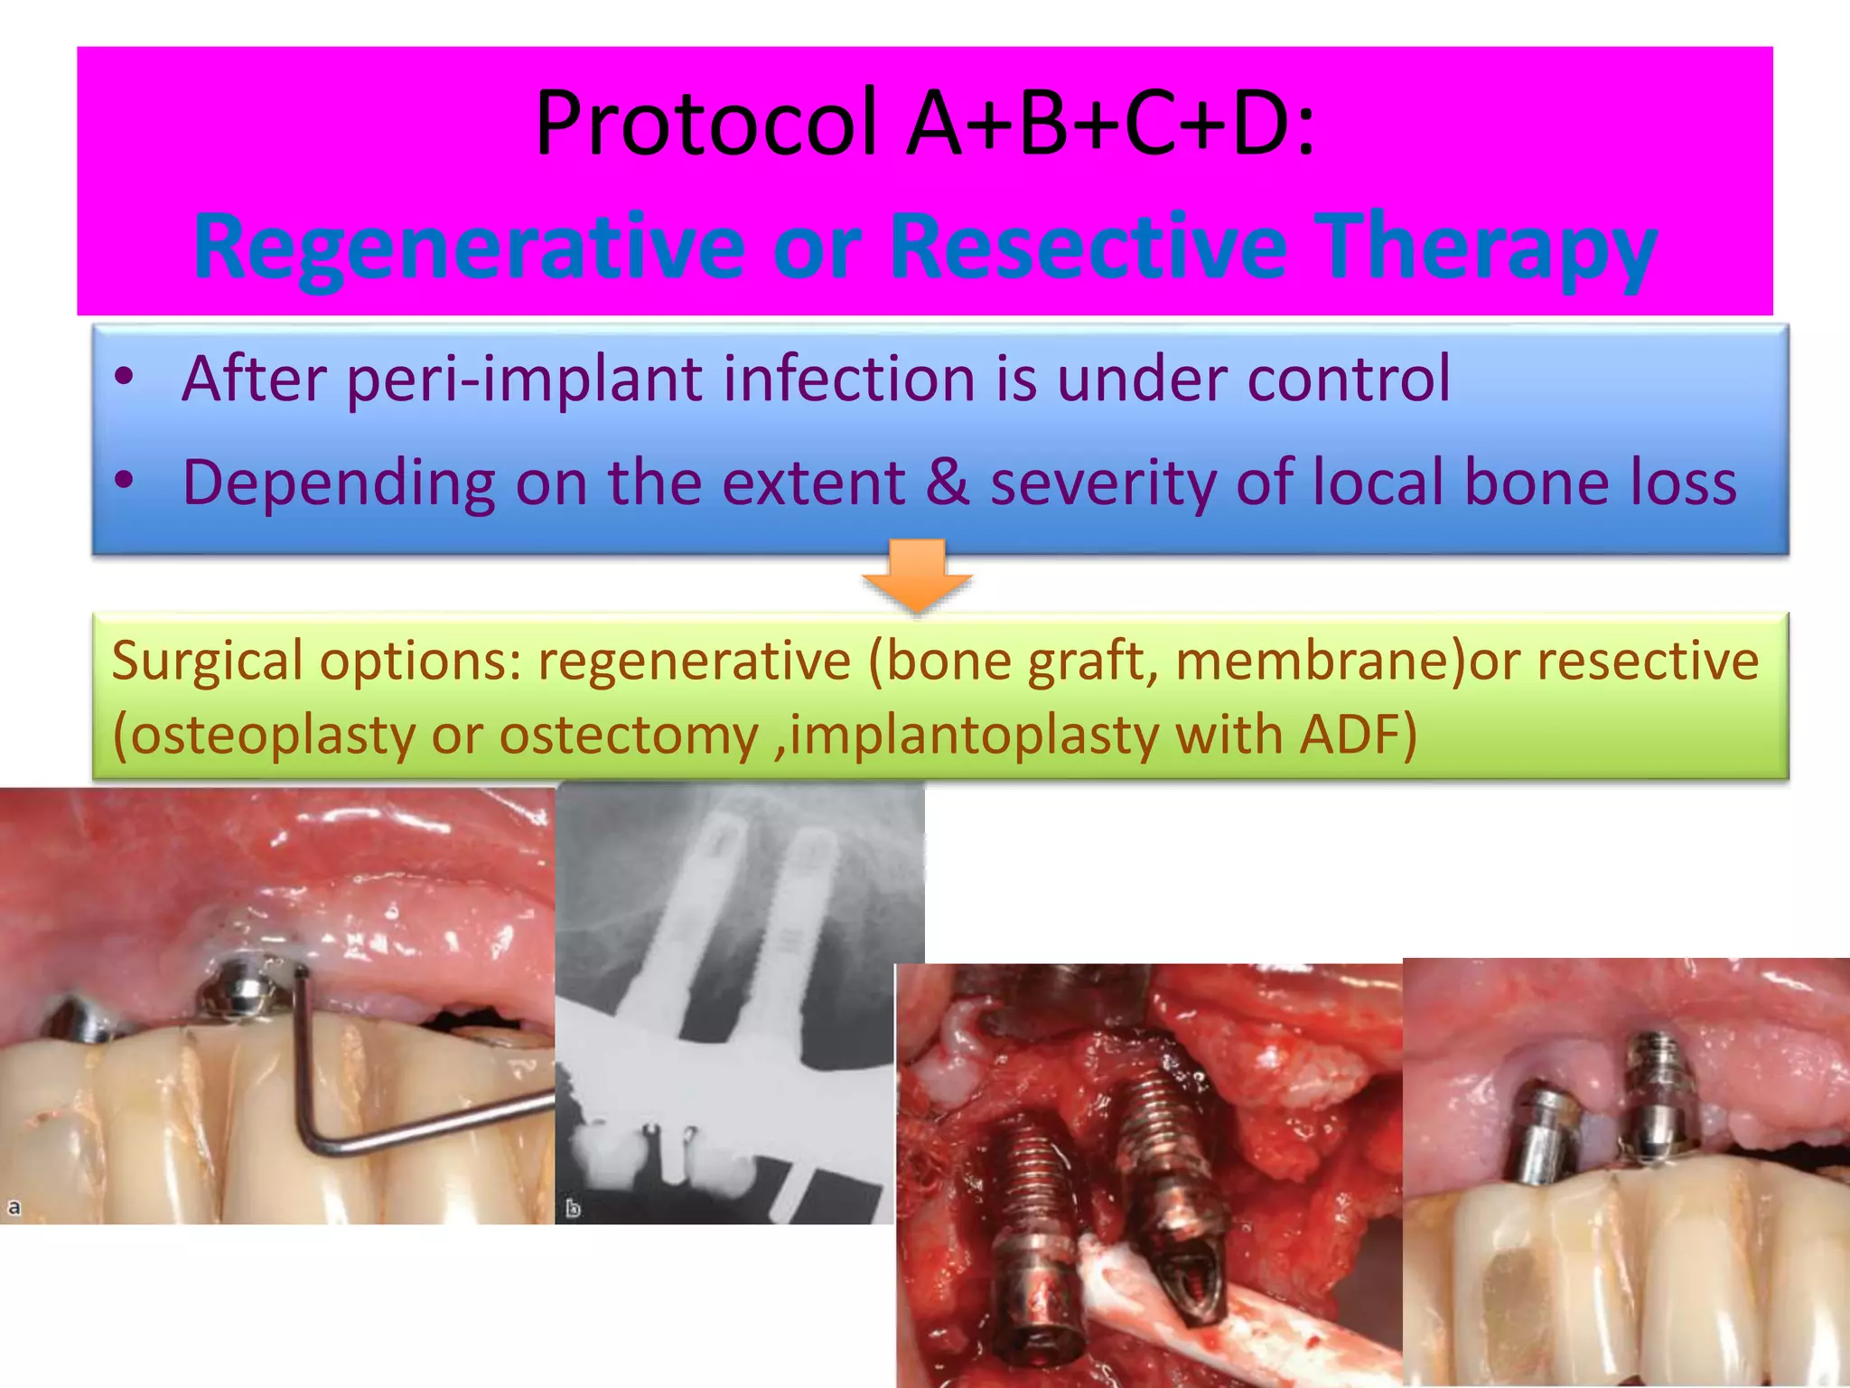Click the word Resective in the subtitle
tap(1089, 247)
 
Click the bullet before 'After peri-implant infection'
tap(125, 378)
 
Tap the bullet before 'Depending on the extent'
tap(125, 482)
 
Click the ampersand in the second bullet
tap(947, 482)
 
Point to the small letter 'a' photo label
tap(14, 1207)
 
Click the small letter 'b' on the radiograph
tap(573, 1208)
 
